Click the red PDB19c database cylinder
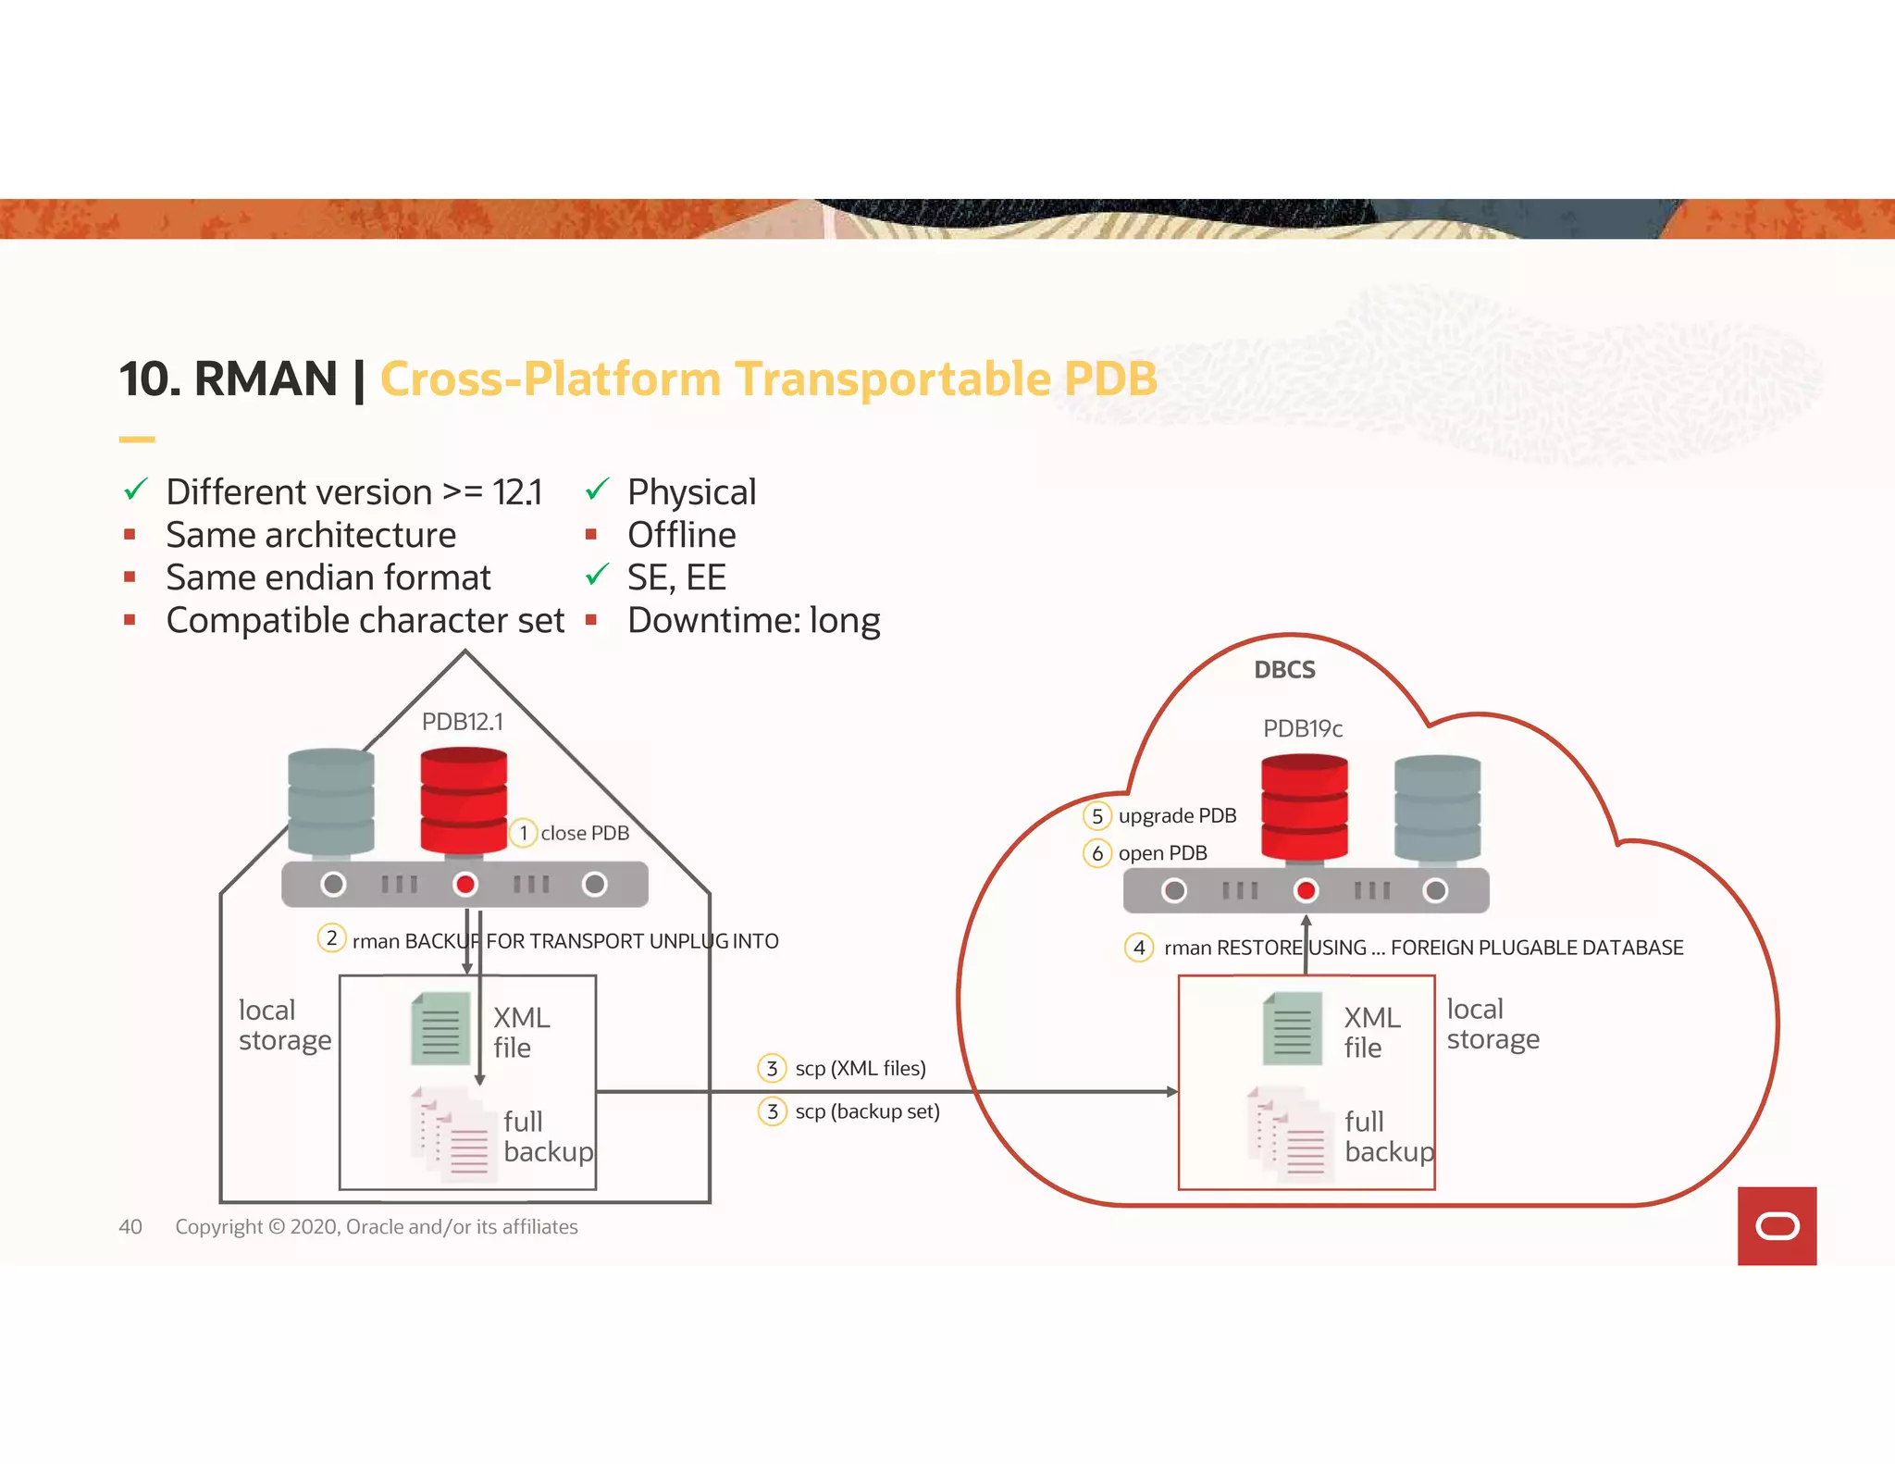[1305, 806]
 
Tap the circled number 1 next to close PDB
[524, 833]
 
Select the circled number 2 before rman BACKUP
[331, 938]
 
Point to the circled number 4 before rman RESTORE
[1139, 947]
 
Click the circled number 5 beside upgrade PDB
[1096, 815]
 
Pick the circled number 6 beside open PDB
[1096, 852]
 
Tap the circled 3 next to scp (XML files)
[772, 1068]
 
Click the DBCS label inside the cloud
[1284, 670]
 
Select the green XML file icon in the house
[440, 1028]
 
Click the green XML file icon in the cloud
[1292, 1028]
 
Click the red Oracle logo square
[1777, 1225]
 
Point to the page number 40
[130, 1227]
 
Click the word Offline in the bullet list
[681, 535]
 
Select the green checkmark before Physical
[597, 489]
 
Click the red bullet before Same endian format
[130, 577]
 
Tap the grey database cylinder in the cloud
[1437, 808]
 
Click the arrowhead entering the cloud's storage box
[1171, 1092]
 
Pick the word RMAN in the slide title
[266, 379]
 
